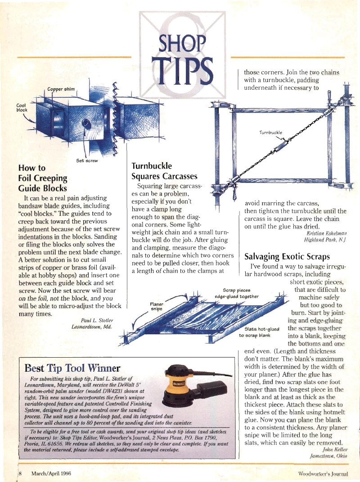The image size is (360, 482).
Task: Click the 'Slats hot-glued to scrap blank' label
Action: point(260,332)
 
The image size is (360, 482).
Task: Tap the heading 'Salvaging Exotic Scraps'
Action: point(287,257)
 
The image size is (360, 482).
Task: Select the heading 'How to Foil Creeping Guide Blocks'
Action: point(42,178)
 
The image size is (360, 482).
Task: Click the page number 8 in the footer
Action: point(20,474)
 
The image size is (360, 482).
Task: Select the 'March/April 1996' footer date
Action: point(49,474)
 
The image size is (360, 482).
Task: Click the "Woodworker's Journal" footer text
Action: point(323,474)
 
